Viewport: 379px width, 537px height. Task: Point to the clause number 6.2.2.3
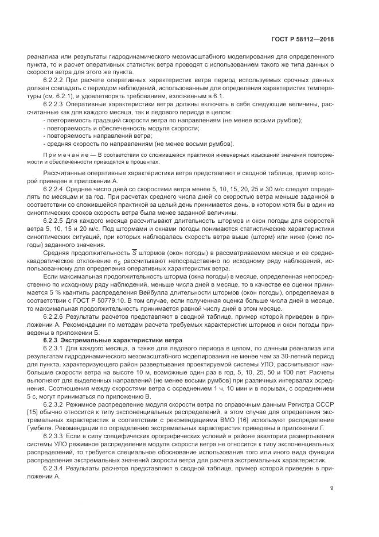(53, 105)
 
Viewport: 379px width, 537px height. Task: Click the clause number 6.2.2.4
(53, 188)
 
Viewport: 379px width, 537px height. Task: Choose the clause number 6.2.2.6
(53, 316)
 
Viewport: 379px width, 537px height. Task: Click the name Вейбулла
(143, 292)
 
